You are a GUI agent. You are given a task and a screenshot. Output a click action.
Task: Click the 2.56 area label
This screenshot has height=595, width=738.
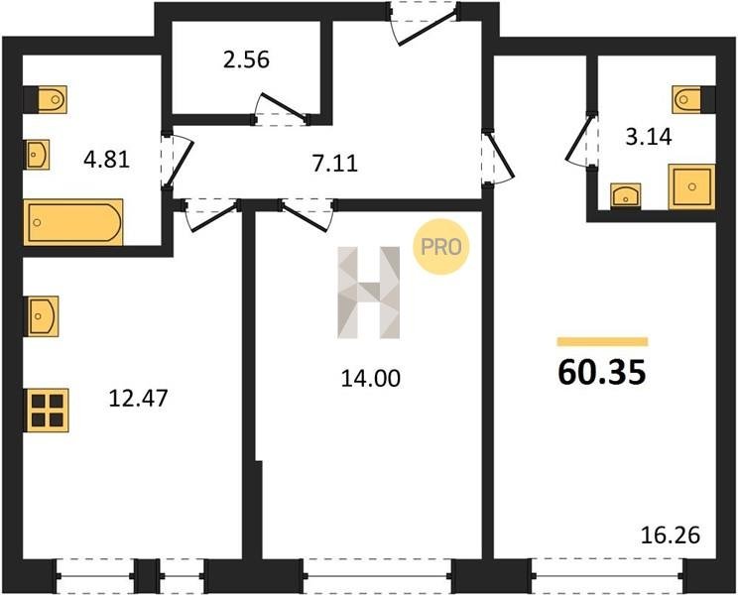pos(246,60)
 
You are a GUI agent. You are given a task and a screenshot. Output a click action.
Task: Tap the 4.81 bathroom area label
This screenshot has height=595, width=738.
pos(106,160)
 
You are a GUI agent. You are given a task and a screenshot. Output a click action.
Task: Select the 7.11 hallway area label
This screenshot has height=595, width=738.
pos(335,164)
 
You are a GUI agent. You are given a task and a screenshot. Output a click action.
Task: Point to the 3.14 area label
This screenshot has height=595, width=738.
pos(648,137)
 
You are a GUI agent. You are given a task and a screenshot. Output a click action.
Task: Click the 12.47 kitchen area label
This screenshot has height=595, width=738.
pos(138,399)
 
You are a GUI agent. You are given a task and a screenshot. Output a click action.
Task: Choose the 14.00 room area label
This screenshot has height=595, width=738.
pos(370,378)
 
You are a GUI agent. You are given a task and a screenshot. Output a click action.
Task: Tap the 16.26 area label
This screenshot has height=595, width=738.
pos(671,535)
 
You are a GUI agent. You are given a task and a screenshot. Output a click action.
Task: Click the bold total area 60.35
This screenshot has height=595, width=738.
pos(601,372)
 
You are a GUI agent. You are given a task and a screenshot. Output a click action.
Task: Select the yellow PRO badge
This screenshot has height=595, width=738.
pos(441,247)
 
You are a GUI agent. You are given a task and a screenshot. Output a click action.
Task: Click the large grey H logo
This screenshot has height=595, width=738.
pos(369,293)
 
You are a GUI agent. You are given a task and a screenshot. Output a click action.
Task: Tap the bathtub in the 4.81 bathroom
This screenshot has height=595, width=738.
pos(73,222)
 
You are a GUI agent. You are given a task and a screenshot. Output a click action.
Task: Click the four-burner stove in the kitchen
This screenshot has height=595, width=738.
pos(48,411)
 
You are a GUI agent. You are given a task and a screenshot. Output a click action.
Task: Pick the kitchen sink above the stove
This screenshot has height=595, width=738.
pos(43,316)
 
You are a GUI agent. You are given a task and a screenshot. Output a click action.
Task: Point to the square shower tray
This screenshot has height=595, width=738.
pos(691,186)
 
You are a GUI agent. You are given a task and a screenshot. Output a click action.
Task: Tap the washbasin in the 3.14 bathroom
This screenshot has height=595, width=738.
pos(626,195)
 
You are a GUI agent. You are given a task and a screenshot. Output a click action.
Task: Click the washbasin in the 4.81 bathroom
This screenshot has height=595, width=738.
pos(37,155)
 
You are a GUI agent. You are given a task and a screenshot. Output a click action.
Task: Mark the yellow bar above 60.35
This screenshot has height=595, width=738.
pos(602,341)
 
